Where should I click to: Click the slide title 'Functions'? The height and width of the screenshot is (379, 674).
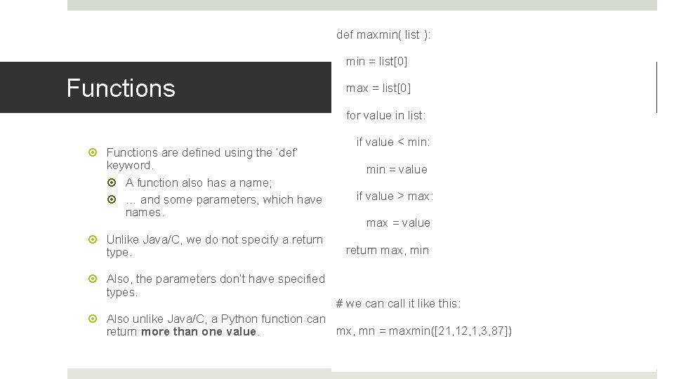click(x=120, y=88)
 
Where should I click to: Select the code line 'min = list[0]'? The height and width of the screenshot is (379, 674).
click(x=376, y=62)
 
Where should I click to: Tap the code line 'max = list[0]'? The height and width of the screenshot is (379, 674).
click(x=378, y=88)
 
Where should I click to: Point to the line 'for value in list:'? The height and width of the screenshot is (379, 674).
click(x=385, y=115)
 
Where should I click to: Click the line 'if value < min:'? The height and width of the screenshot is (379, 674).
click(x=392, y=142)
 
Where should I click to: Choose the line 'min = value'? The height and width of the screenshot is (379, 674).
click(x=396, y=169)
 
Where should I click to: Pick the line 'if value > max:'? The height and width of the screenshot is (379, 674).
click(x=395, y=196)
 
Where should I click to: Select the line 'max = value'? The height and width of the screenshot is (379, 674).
click(x=398, y=222)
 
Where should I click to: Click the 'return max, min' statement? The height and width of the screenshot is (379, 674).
click(x=387, y=250)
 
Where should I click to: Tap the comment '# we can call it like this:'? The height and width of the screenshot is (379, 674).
click(x=398, y=304)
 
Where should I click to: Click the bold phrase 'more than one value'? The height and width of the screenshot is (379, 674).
click(x=199, y=332)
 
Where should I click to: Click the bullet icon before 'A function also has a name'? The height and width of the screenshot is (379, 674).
click(x=116, y=183)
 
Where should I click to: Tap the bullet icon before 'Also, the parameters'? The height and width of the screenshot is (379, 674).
click(x=96, y=279)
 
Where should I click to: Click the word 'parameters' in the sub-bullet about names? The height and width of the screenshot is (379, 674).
click(x=230, y=200)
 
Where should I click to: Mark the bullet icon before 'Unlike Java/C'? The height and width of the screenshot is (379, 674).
click(x=96, y=240)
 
